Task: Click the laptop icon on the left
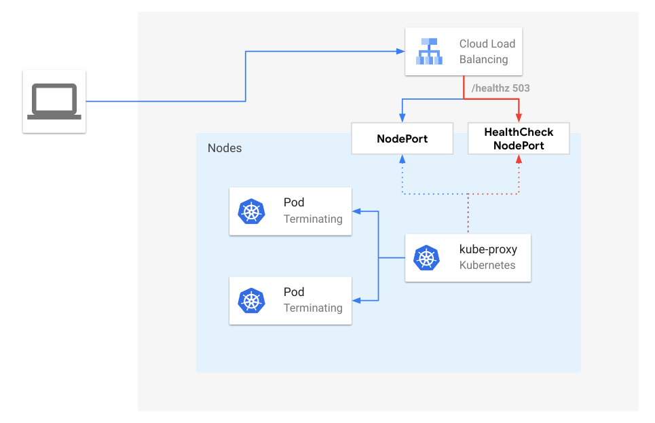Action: pos(54,101)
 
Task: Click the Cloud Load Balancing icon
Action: pos(429,52)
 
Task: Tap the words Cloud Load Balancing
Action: pos(487,52)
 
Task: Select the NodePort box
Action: pos(402,139)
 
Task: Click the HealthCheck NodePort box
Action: pos(519,139)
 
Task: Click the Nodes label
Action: pos(225,148)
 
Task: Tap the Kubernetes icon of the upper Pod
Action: pos(251,211)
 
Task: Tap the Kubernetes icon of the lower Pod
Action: pos(251,301)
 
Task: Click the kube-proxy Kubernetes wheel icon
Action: pos(427,257)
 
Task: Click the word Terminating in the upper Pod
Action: pos(313,219)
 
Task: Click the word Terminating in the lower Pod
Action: pos(313,308)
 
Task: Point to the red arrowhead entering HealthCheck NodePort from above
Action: pos(519,119)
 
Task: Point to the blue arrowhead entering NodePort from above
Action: pos(402,119)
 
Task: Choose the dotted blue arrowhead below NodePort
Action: pos(402,159)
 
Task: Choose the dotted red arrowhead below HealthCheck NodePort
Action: pos(519,159)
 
